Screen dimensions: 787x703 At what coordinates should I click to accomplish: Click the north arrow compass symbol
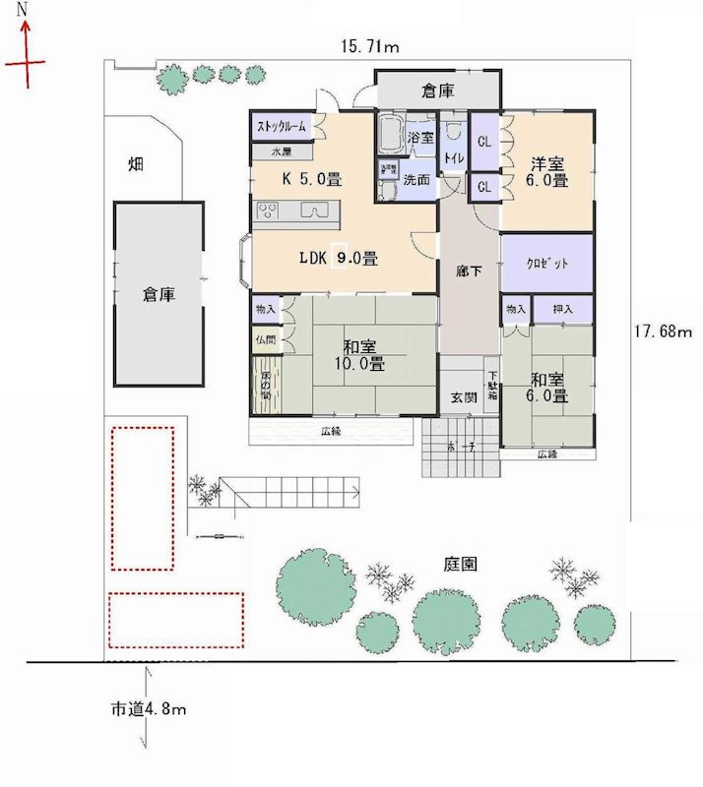[25, 54]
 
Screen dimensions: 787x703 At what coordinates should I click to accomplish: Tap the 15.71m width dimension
[369, 47]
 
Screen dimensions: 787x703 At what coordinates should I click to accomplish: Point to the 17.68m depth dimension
[664, 333]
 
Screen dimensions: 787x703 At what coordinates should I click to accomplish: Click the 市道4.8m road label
[149, 708]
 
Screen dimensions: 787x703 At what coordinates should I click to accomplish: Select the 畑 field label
[137, 164]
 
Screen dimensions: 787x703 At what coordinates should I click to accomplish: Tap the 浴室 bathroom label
[420, 138]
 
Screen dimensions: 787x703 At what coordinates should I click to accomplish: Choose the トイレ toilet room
[454, 157]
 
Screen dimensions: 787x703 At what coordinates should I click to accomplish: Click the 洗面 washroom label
[416, 180]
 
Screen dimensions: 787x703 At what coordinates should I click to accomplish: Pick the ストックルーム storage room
[283, 127]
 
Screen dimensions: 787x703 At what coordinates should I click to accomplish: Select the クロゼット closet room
[547, 264]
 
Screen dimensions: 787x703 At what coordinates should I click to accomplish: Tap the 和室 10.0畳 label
[363, 355]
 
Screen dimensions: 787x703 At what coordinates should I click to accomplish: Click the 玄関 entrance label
[465, 398]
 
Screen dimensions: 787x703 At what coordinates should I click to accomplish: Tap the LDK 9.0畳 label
[339, 260]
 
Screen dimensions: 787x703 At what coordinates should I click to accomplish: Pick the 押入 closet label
[564, 309]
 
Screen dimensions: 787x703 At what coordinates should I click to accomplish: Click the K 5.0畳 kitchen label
[312, 180]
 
